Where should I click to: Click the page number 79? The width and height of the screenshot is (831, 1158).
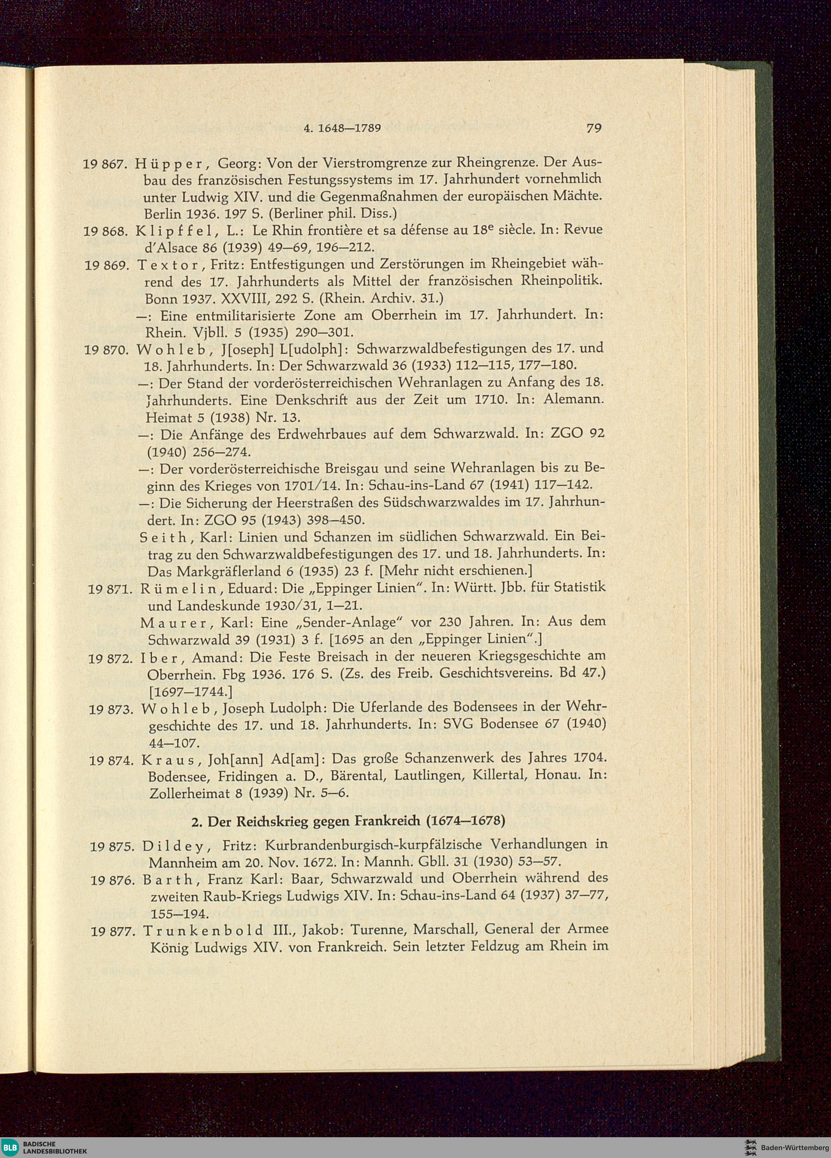point(593,128)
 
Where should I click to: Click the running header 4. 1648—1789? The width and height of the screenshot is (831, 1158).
point(342,128)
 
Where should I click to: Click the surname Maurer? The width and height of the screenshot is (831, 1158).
point(173,622)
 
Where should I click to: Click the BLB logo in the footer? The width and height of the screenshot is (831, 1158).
point(10,1148)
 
